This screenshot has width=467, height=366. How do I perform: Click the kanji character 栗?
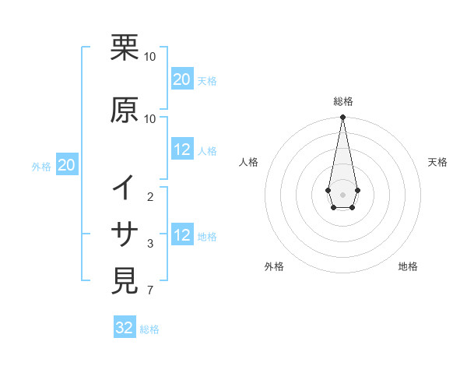click(x=125, y=48)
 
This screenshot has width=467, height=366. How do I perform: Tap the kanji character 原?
click(x=125, y=110)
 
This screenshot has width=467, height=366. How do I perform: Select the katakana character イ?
click(x=125, y=188)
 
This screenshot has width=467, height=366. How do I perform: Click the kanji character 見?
click(x=125, y=280)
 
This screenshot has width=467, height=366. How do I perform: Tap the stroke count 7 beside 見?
click(x=150, y=291)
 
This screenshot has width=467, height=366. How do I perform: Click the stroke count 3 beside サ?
click(x=150, y=244)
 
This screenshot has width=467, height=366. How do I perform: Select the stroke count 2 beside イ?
click(x=150, y=197)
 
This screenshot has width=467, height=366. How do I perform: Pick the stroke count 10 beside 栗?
click(x=150, y=57)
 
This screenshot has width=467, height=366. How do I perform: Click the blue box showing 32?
click(x=125, y=328)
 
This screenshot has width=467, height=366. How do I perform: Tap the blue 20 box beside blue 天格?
click(x=182, y=79)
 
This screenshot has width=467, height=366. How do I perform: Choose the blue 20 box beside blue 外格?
click(x=67, y=165)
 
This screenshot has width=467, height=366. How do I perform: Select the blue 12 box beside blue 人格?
click(x=182, y=150)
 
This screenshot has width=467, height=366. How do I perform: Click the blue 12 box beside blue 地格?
click(x=182, y=236)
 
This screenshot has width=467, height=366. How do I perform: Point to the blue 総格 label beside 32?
click(x=149, y=329)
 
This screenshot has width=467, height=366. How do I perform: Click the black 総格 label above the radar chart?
click(x=342, y=101)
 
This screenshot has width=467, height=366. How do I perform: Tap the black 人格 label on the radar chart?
click(x=249, y=162)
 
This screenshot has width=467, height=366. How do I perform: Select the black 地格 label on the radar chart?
click(x=408, y=267)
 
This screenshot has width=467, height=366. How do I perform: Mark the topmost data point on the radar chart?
click(x=342, y=118)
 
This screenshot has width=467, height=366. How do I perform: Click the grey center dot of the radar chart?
click(x=342, y=194)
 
